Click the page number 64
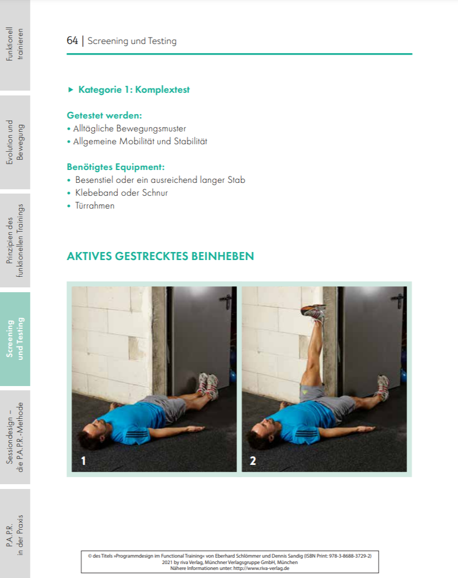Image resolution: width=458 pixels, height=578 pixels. click(72, 41)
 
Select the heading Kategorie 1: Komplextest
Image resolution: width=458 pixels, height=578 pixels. click(134, 90)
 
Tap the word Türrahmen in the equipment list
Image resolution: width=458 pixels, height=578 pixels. click(95, 205)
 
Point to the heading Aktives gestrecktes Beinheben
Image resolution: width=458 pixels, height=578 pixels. click(160, 256)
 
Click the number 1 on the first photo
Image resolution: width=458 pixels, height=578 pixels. click(83, 461)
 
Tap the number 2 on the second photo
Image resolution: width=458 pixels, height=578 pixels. click(253, 461)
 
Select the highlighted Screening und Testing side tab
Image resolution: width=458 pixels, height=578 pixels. click(15, 339)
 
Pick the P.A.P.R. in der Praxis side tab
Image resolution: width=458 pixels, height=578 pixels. click(15, 535)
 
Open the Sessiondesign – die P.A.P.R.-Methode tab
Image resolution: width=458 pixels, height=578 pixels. click(15, 437)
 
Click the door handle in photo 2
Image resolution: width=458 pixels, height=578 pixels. click(397, 298)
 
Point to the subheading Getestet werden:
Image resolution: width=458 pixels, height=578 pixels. click(104, 115)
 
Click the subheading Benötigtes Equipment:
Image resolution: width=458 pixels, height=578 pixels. click(115, 167)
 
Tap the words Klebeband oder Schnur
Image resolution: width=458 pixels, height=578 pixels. click(121, 192)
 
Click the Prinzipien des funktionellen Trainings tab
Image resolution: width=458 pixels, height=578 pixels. click(15, 240)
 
